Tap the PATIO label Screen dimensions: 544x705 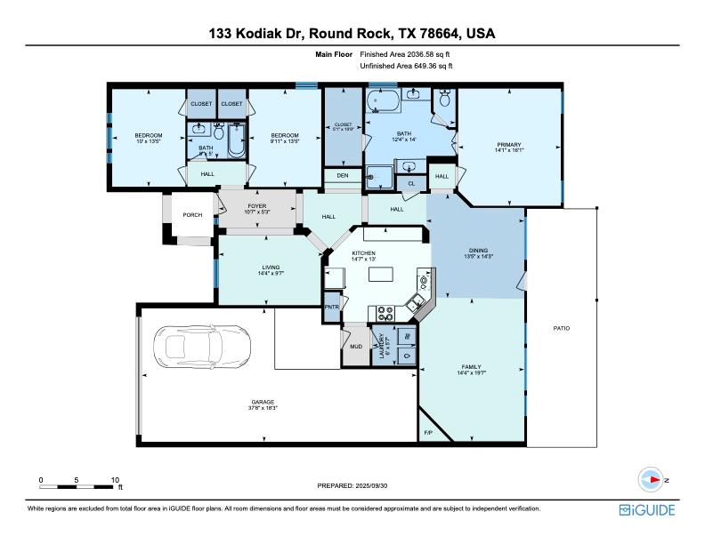point(561,328)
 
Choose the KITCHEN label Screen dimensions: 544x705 point(364,253)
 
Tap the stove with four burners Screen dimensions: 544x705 point(386,312)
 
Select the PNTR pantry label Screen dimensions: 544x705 point(332,306)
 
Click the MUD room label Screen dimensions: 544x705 point(354,347)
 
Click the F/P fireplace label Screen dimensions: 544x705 point(428,433)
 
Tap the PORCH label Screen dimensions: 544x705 point(192,215)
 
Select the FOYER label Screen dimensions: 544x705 point(257,206)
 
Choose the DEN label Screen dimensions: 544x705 point(343,176)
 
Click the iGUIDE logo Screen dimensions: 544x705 point(646,510)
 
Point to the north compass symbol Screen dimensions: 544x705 point(654,480)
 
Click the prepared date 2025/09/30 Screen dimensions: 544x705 point(352,485)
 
